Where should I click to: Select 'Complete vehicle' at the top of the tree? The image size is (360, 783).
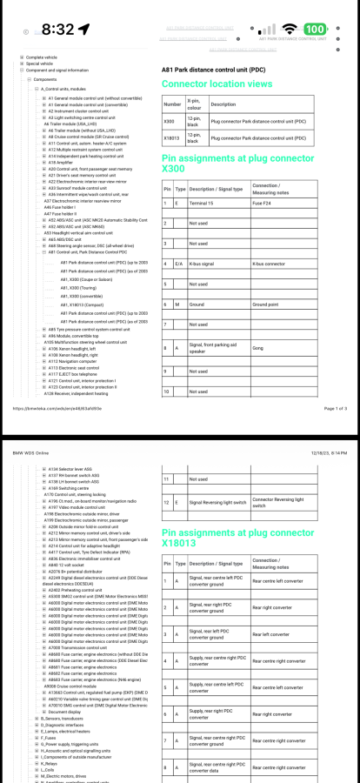[43, 57]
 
